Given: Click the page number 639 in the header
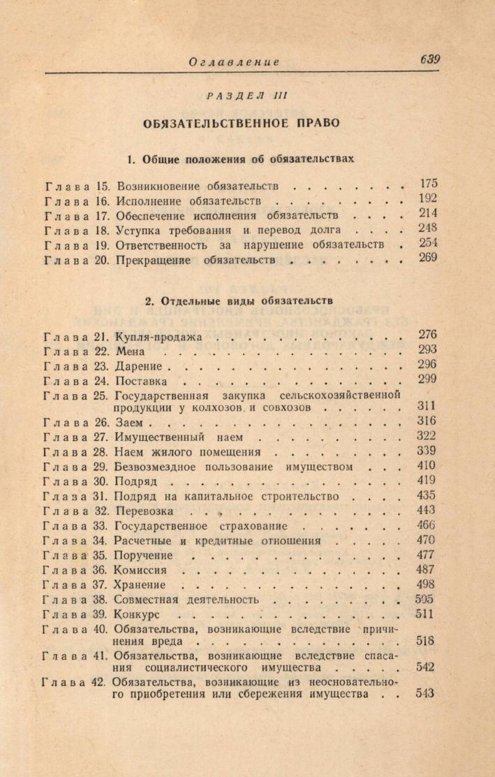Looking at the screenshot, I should pyautogui.click(x=430, y=59).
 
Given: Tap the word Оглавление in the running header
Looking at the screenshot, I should pyautogui.click(x=234, y=62).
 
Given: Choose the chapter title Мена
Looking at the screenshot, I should pyautogui.click(x=131, y=351).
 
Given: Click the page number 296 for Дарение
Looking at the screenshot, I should pyautogui.click(x=426, y=365).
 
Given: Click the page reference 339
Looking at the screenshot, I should pyautogui.click(x=426, y=451).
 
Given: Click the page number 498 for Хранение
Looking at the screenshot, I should pyautogui.click(x=426, y=584).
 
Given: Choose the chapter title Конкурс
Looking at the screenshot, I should pyautogui.click(x=138, y=616).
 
